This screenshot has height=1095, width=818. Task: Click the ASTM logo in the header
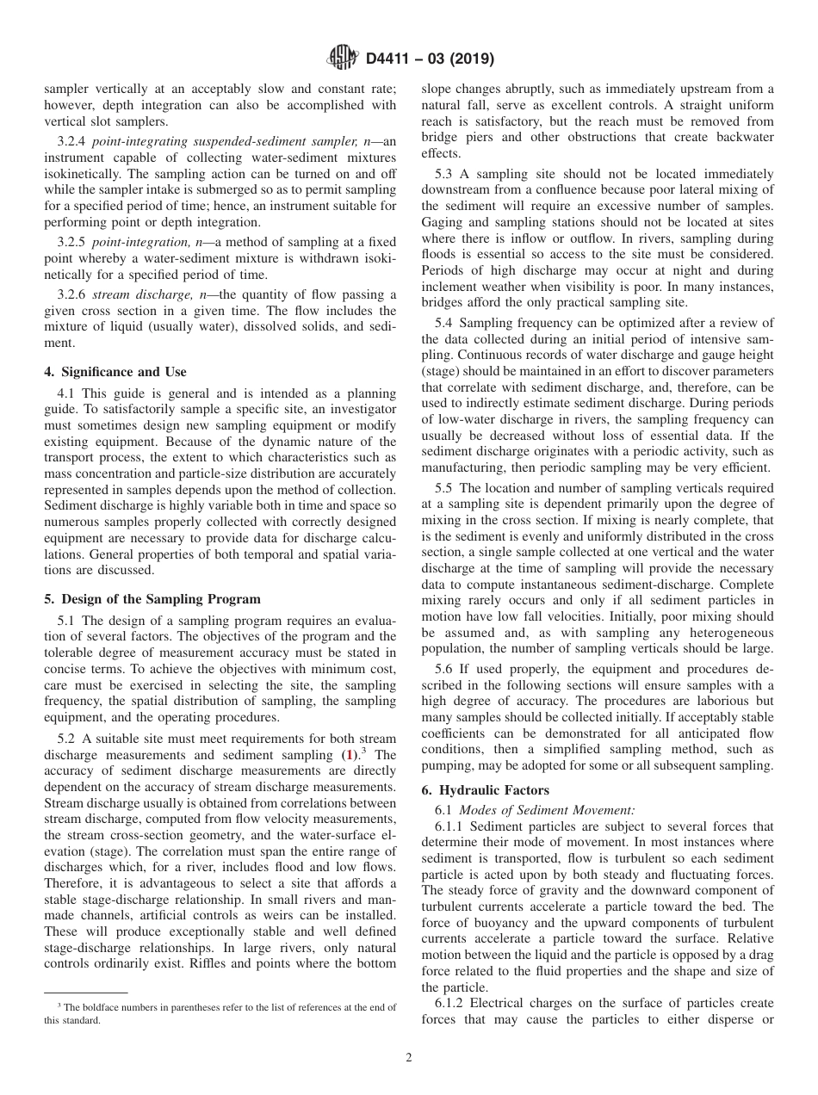(344, 59)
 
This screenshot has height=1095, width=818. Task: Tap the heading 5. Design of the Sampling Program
(152, 599)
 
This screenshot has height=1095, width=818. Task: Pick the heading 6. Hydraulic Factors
(485, 790)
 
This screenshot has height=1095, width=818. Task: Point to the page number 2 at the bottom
(409, 1058)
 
